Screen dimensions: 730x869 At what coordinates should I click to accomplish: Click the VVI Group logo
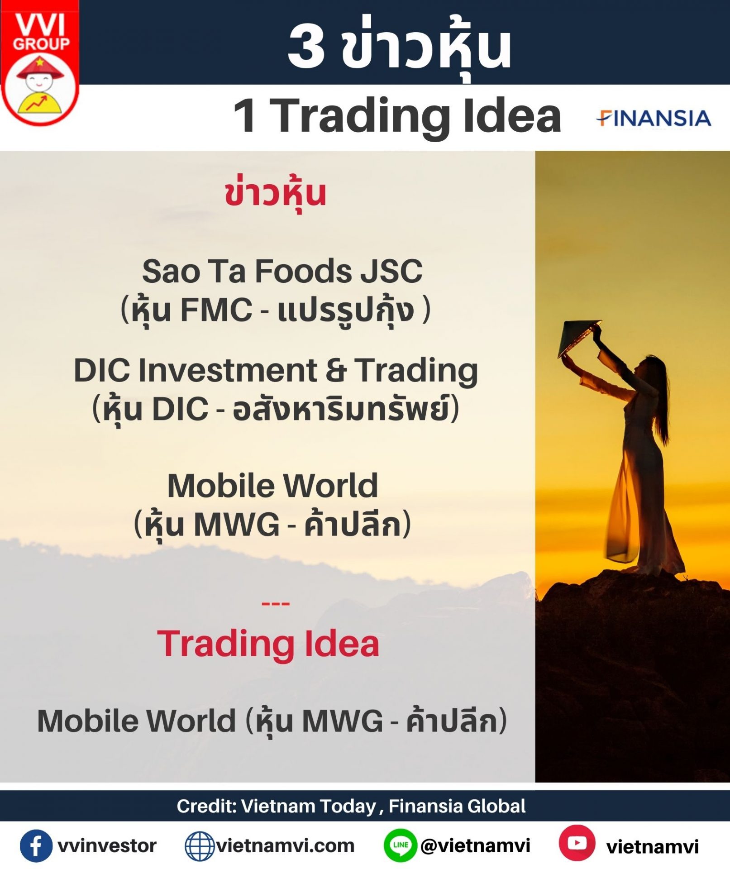(x=40, y=63)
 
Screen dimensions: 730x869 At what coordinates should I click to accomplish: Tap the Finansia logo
(x=654, y=118)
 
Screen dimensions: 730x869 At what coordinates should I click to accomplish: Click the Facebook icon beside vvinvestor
(x=36, y=845)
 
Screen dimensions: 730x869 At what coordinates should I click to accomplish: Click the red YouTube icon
(x=577, y=843)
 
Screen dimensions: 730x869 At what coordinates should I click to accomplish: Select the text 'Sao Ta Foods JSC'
(x=282, y=271)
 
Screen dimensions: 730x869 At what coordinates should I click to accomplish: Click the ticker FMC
(x=216, y=310)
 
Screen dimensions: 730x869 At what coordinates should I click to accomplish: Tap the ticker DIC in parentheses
(x=180, y=409)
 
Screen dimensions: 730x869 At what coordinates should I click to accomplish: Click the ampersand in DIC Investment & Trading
(x=335, y=370)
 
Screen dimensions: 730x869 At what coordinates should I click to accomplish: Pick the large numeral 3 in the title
(x=306, y=46)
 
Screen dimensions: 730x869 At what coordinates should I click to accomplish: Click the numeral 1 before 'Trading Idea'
(x=245, y=115)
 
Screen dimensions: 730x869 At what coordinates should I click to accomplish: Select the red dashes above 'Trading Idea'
(x=276, y=603)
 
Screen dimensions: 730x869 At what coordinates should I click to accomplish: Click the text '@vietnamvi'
(x=476, y=845)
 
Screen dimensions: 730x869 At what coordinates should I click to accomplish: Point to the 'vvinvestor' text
(x=107, y=846)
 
